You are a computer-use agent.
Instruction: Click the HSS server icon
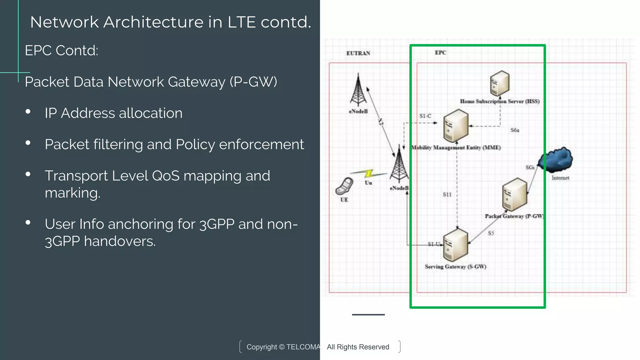[499, 83]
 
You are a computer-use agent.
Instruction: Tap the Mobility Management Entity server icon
[456, 126]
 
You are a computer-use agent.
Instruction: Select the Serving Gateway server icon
[456, 245]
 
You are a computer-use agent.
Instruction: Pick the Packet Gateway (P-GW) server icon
[515, 194]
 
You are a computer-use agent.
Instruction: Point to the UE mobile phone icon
[344, 186]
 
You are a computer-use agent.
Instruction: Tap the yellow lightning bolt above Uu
[369, 173]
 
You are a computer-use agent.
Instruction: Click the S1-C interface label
[425, 116]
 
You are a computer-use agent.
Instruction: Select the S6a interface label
[515, 130]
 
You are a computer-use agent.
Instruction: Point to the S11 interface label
[447, 194]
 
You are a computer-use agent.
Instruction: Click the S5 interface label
[491, 233]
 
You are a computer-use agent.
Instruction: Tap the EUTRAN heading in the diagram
[358, 53]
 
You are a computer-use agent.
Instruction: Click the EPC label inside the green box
[440, 52]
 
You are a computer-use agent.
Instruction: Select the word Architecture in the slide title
[153, 22]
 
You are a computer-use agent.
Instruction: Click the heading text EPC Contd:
[62, 50]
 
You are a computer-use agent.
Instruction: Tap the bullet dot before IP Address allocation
[28, 112]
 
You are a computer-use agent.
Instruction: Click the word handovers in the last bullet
[120, 241]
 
